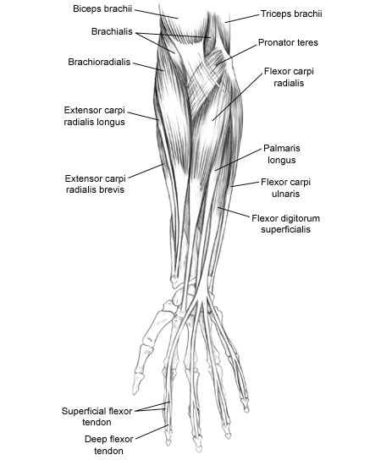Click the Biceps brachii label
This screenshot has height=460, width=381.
coord(102,8)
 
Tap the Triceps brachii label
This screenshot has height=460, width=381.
coord(291,14)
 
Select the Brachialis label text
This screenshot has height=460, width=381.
coord(112,31)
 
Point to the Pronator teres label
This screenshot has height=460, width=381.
coord(288,42)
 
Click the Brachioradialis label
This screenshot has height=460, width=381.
coord(99,62)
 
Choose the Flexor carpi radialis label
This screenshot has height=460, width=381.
coord(289,77)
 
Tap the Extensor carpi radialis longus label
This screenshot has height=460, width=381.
coord(95,116)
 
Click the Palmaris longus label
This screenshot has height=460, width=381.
coord(281,154)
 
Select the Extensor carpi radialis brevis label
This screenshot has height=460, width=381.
coord(95,184)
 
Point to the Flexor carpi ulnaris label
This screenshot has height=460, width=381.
coord(285,188)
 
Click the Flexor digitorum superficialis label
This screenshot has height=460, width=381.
coord(285,223)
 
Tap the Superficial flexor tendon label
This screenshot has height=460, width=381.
coord(97,417)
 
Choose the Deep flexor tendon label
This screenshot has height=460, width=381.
coord(108,445)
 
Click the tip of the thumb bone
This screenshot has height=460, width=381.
coord(135,393)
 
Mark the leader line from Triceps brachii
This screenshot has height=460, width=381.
coord(242,19)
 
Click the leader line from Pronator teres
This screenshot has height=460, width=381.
coord(237,54)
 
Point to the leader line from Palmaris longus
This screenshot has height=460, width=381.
coord(238,159)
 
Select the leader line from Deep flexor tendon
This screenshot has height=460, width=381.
coord(152,431)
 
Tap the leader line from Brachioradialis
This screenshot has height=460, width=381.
coord(148,66)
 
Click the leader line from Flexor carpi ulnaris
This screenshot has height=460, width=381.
coord(245,184)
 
